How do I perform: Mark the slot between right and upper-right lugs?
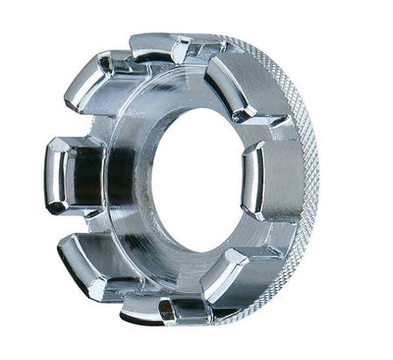click(x=270, y=133)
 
